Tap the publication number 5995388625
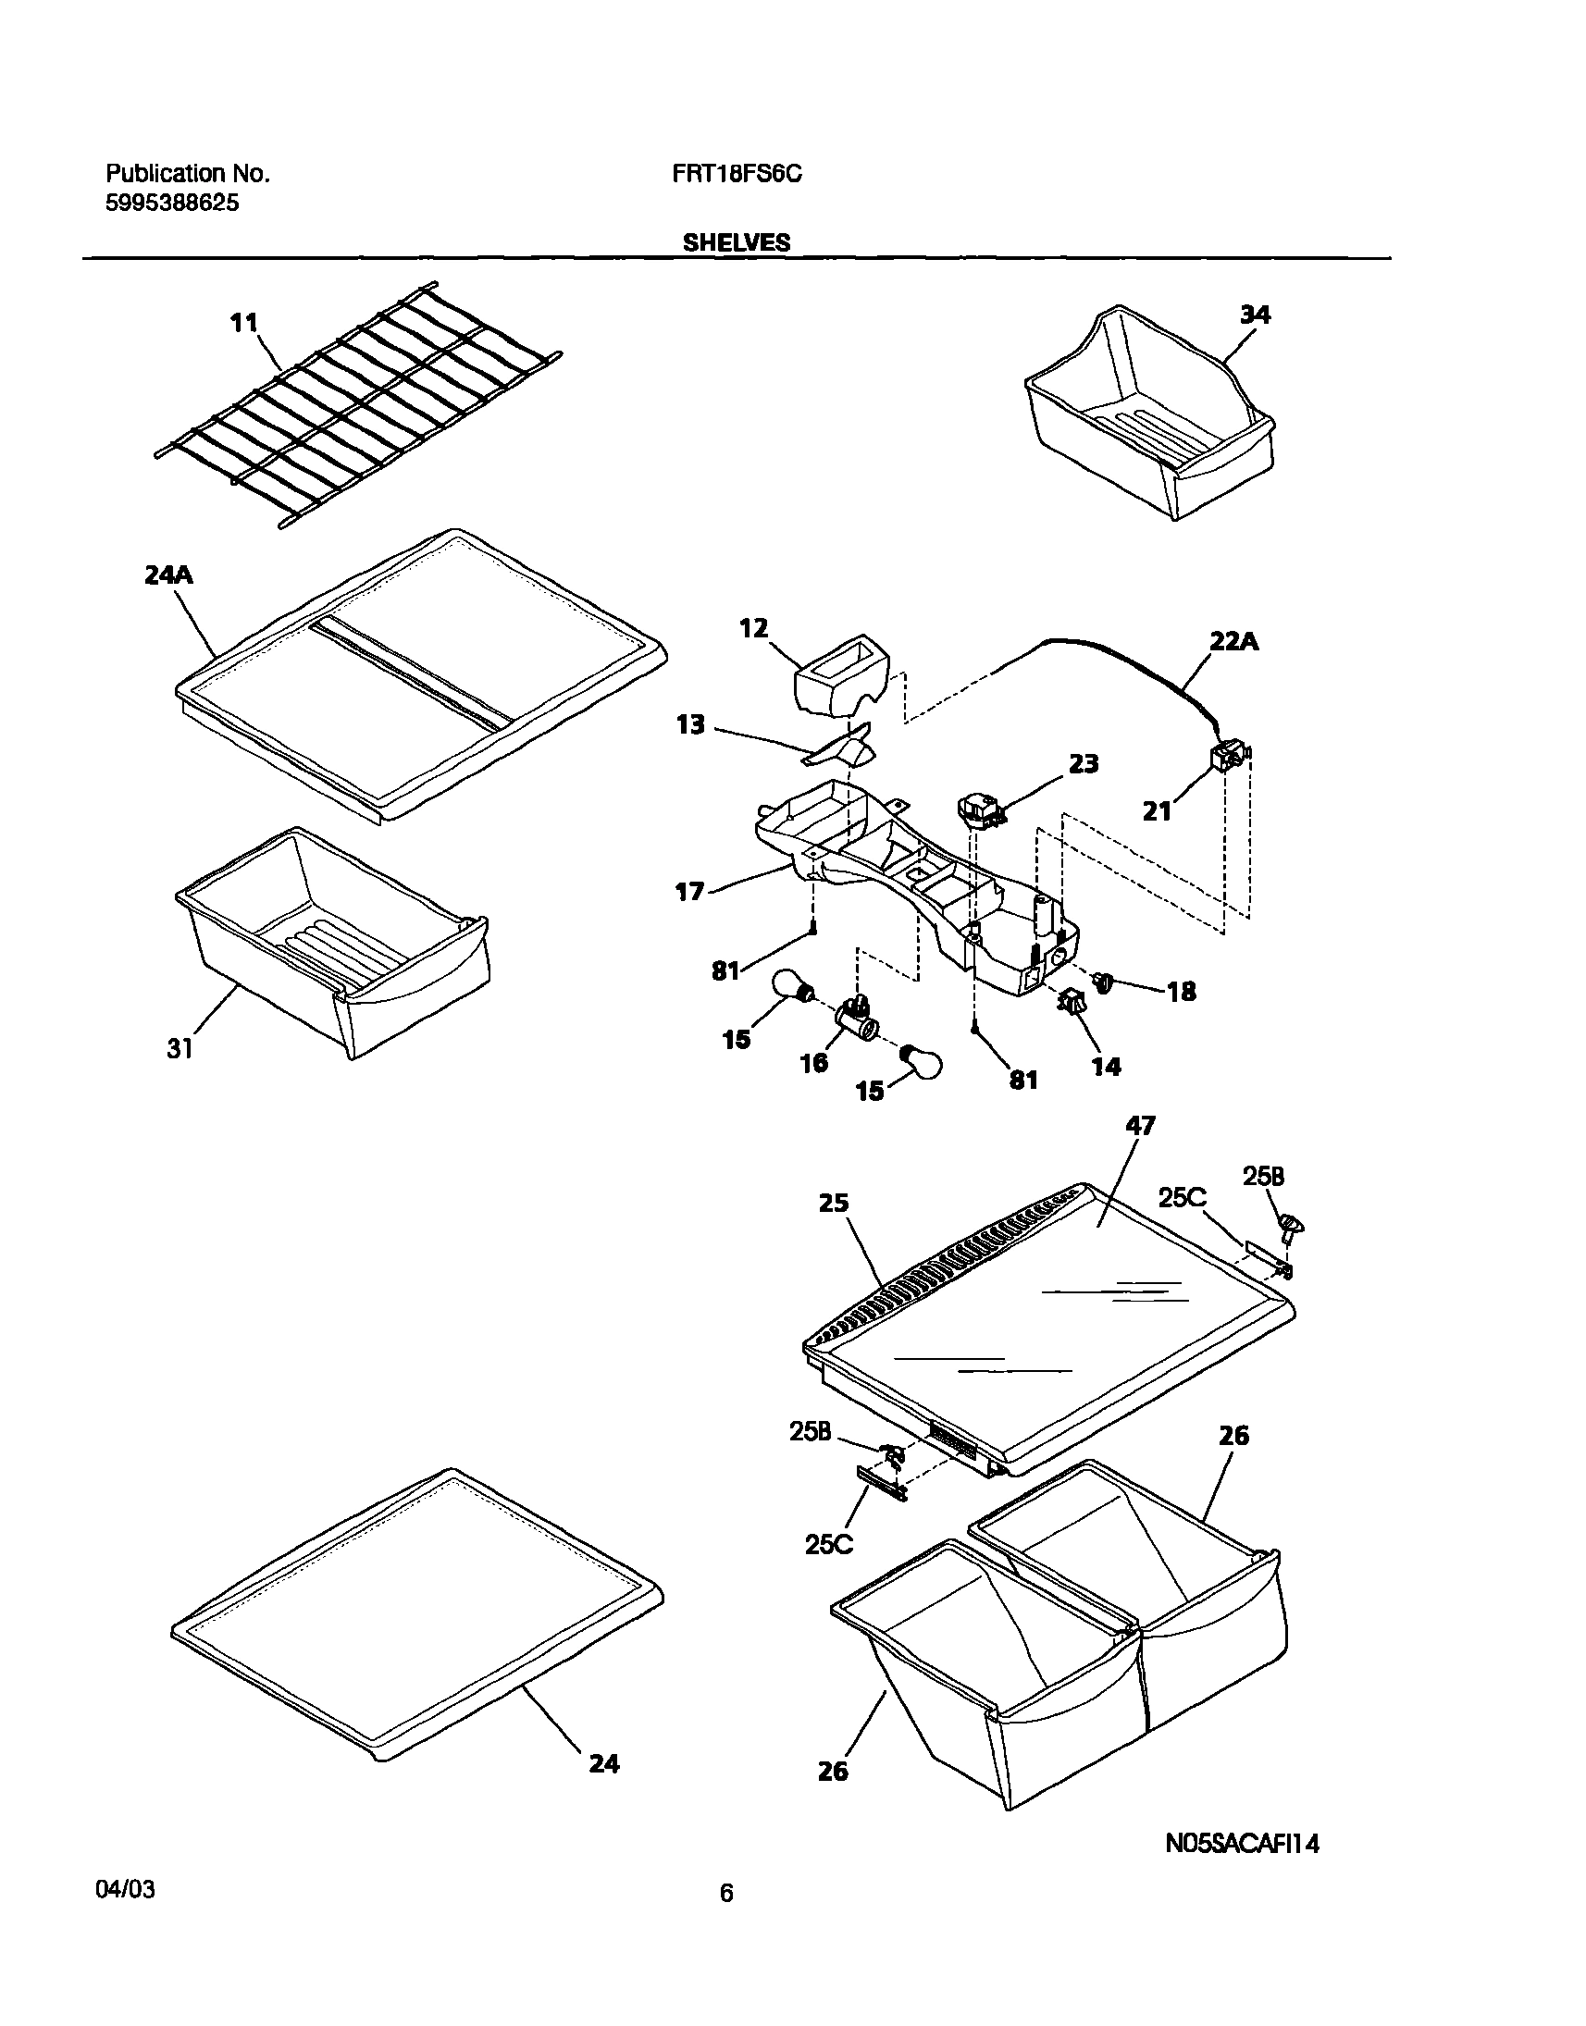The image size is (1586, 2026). tap(172, 204)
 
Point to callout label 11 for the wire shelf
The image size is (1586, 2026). tap(243, 323)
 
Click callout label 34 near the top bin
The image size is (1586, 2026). tap(1255, 315)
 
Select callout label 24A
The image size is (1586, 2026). tap(168, 575)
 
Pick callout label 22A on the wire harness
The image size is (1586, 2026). tap(1233, 641)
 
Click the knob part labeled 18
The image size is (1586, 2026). tap(1104, 981)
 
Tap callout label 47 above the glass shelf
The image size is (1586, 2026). tap(1140, 1126)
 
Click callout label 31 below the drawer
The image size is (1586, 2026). tap(180, 1049)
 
